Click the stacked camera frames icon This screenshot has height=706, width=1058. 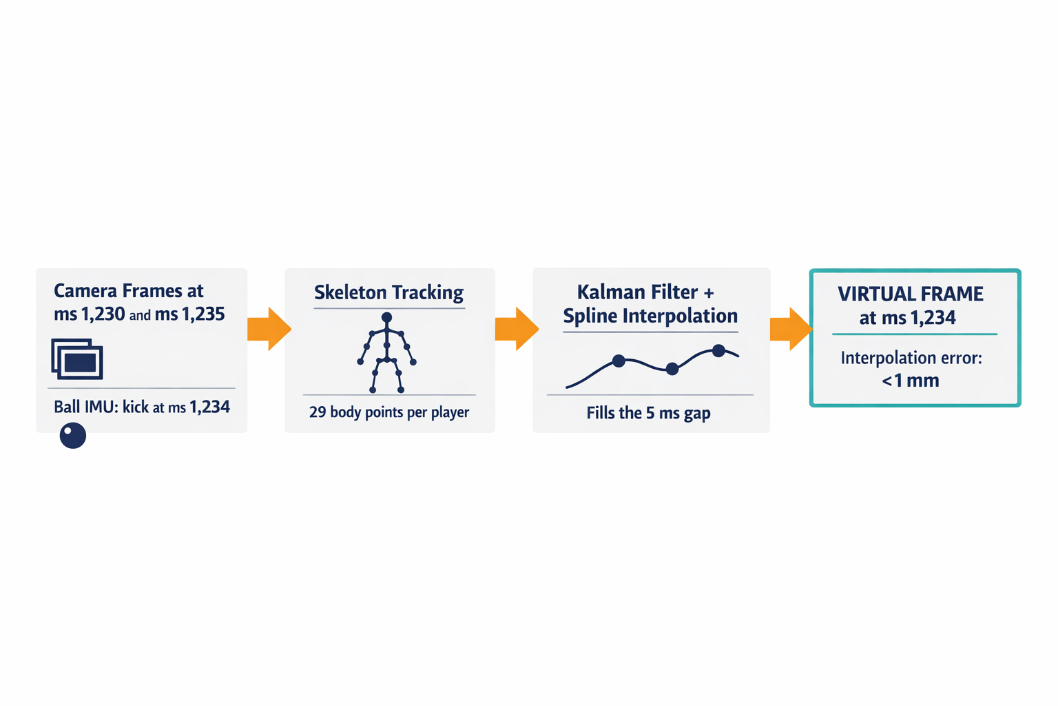(x=77, y=359)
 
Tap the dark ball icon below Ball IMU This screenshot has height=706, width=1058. (x=73, y=436)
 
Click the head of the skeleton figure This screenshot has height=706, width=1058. (x=387, y=317)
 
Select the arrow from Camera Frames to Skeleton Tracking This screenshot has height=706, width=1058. (x=269, y=329)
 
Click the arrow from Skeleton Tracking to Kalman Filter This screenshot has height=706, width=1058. (x=517, y=329)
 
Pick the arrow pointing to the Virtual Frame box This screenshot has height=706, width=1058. (x=791, y=329)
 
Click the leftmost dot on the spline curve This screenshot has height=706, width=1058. (x=619, y=361)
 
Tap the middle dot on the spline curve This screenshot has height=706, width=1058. (x=672, y=369)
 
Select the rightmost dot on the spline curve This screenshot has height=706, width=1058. (x=718, y=351)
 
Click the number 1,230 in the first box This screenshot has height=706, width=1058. (x=103, y=314)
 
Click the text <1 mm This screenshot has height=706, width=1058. (x=910, y=381)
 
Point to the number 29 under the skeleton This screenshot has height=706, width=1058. (x=318, y=412)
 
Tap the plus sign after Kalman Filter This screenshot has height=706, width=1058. (x=709, y=293)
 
